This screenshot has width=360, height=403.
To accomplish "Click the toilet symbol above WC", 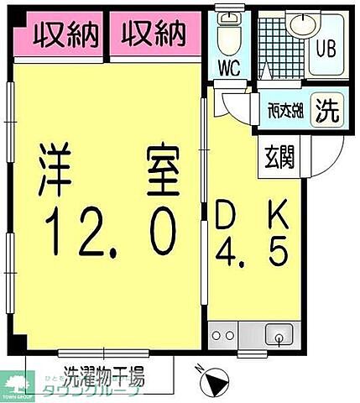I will pyautogui.click(x=227, y=34).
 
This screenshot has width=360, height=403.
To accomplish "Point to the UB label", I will pyautogui.click(x=324, y=47).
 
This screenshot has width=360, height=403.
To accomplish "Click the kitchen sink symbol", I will pyautogui.click(x=276, y=337).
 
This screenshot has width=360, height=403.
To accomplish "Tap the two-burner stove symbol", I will pyautogui.click(x=223, y=336).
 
